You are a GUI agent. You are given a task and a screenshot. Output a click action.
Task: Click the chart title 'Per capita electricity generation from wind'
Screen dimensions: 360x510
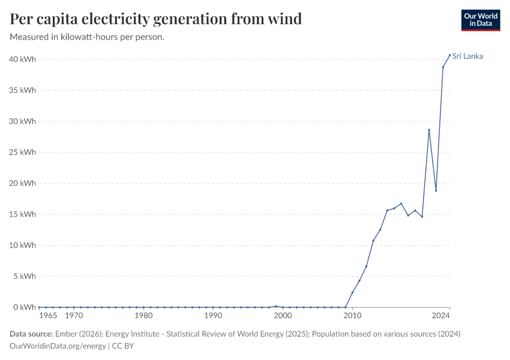point(156,19)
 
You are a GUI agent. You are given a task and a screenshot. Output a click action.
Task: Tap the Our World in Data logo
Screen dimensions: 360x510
point(480,20)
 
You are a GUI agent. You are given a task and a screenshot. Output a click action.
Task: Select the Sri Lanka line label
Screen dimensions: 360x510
point(467,56)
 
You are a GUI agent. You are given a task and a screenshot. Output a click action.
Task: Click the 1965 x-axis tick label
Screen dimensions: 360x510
point(48,316)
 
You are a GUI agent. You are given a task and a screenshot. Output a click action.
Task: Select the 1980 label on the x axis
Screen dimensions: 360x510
point(143,316)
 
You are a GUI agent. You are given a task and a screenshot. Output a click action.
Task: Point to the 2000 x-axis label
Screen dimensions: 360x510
point(283,316)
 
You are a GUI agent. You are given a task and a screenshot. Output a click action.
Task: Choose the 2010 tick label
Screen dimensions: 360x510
point(352,316)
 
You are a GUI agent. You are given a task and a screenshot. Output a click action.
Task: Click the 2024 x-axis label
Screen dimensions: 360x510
point(441,316)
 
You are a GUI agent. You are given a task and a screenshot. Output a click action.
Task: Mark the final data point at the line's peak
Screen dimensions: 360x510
point(450,55)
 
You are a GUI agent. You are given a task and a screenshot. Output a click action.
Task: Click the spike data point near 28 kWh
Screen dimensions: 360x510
point(429,130)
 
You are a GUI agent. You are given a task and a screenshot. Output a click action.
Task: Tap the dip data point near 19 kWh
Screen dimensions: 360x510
point(436,190)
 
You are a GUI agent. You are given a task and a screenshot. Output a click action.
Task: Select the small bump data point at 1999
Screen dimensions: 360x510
point(275,306)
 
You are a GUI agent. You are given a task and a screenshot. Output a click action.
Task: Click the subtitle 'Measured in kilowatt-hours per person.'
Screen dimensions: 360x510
point(88,37)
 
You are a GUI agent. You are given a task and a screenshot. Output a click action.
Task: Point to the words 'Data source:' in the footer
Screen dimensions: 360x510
point(31,334)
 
